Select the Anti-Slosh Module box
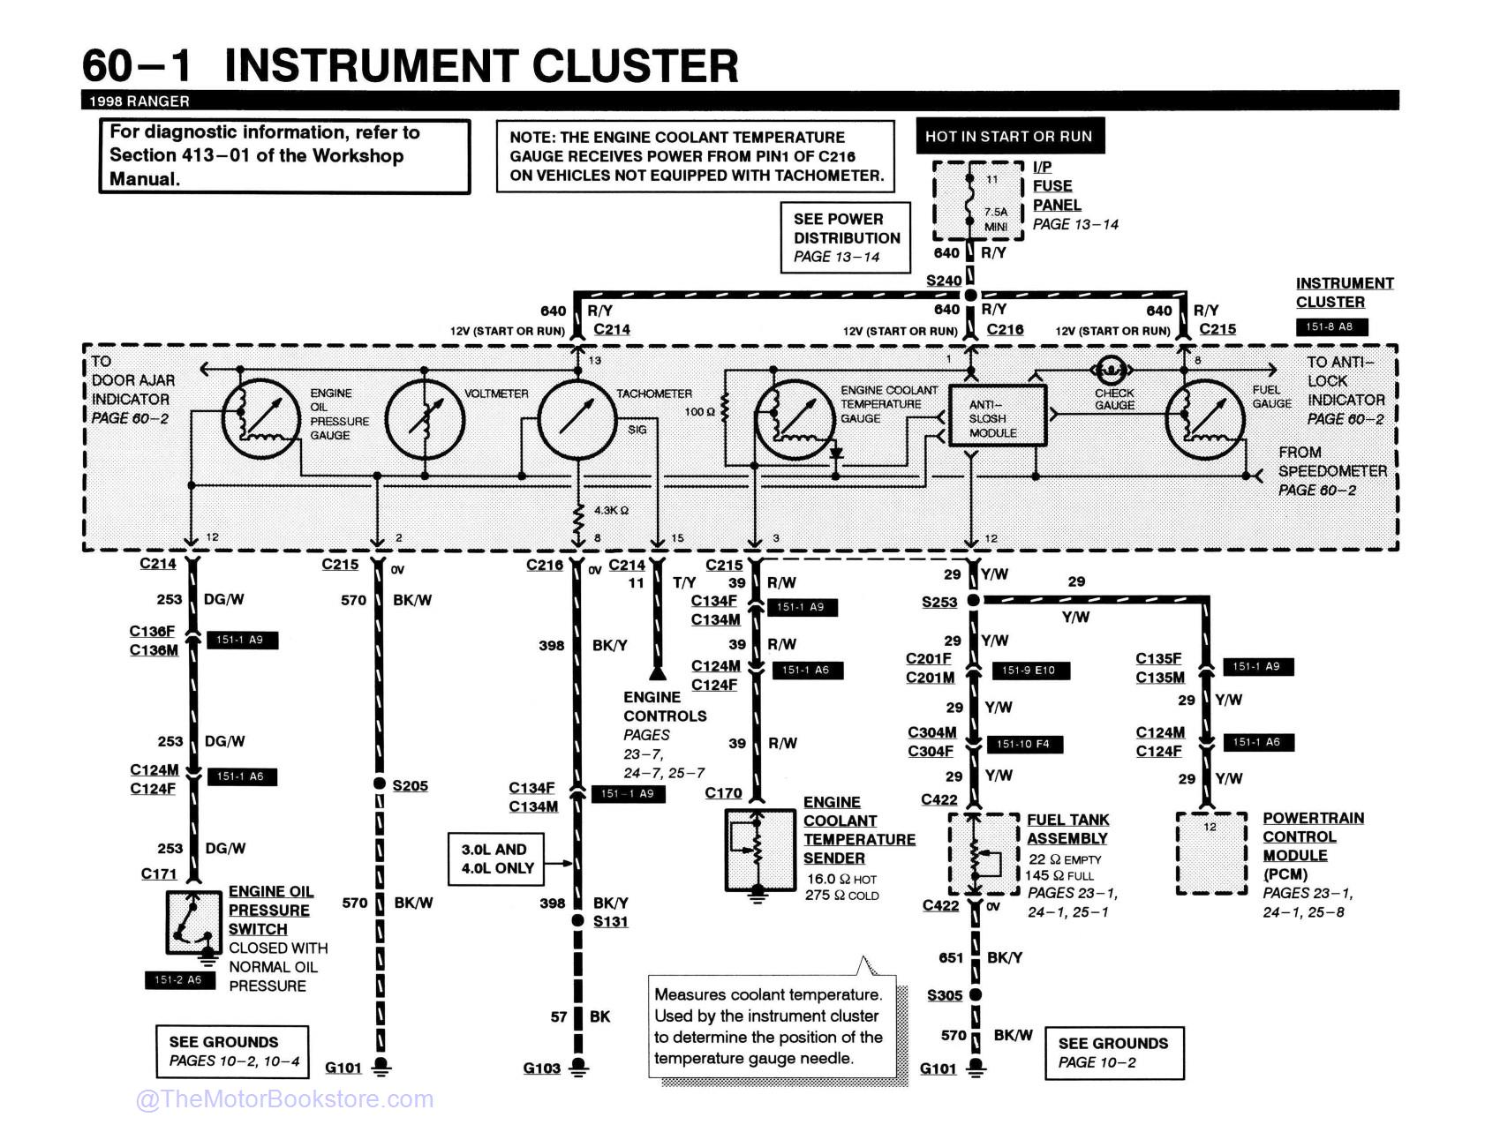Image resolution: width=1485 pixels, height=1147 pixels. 997,415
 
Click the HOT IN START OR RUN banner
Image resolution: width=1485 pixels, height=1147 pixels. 1009,136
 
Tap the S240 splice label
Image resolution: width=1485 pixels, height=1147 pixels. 944,281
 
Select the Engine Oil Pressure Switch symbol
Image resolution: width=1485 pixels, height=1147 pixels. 193,923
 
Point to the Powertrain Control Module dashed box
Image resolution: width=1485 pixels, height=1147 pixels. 1211,853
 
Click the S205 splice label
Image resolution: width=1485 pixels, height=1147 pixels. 411,785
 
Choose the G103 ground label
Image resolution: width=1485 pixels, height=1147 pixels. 541,1068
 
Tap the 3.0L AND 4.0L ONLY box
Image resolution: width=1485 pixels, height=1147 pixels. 496,859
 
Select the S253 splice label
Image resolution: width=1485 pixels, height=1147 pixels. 939,602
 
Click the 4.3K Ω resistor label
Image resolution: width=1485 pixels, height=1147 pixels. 611,511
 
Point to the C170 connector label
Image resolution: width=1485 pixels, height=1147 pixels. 723,793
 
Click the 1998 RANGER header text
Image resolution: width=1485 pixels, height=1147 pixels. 139,101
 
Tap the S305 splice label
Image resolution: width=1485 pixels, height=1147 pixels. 945,995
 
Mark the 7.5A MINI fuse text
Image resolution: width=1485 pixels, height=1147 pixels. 996,219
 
